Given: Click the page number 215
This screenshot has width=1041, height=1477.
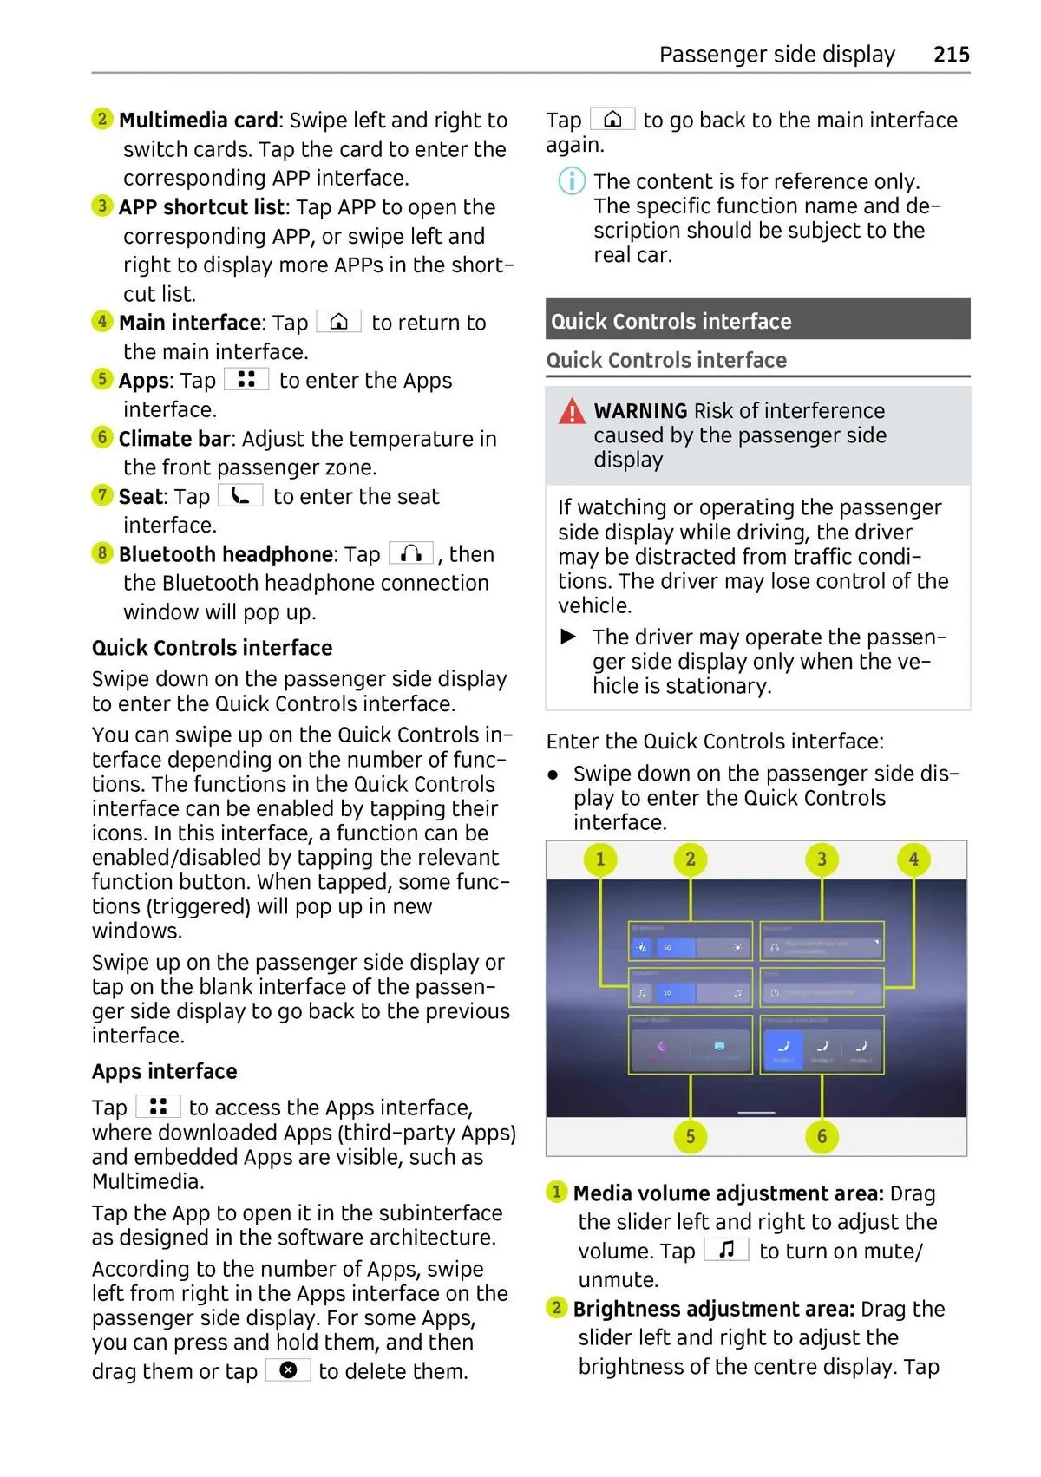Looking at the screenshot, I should [951, 55].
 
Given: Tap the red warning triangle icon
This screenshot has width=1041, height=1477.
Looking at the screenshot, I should [572, 411].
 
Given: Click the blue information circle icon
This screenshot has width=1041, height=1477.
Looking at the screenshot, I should [571, 181].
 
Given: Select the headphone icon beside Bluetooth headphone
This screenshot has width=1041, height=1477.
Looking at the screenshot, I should [411, 553].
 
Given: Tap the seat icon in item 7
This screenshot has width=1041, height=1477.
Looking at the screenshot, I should [240, 495].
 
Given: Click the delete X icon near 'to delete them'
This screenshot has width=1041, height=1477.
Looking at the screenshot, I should [288, 1369].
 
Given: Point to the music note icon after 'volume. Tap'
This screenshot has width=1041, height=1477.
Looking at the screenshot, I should [727, 1250].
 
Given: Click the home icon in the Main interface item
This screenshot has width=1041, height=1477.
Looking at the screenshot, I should [338, 322].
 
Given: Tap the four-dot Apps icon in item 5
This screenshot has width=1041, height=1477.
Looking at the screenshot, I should [246, 379].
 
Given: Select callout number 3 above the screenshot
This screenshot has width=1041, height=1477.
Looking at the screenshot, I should [822, 859].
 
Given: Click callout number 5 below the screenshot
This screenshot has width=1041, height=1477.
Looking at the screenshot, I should [690, 1136].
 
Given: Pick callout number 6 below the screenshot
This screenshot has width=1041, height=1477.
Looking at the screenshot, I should [822, 1136].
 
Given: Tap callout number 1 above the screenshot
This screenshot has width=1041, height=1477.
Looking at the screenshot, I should [600, 859].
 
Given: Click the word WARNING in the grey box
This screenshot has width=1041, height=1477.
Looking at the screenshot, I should [640, 410].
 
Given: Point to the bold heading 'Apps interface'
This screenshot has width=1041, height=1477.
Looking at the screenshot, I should [165, 1071].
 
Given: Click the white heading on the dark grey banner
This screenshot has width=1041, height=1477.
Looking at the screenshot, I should [671, 321].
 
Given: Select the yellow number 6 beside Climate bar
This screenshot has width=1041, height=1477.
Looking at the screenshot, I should [102, 437].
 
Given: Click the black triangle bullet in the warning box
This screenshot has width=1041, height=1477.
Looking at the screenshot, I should [569, 637].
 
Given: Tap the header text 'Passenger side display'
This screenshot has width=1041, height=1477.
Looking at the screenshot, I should [776, 55].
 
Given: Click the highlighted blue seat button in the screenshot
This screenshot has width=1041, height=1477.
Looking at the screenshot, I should [783, 1049].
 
